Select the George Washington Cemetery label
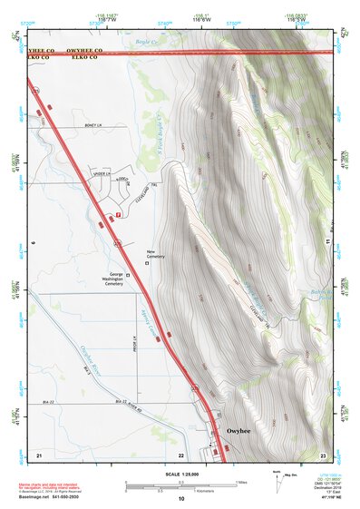pyautogui.click(x=113, y=279)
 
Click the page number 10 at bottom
pyautogui.click(x=181, y=498)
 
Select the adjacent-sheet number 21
pyautogui.click(x=39, y=453)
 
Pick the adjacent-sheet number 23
pyautogui.click(x=324, y=453)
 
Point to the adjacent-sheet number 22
pyautogui.click(x=181, y=454)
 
